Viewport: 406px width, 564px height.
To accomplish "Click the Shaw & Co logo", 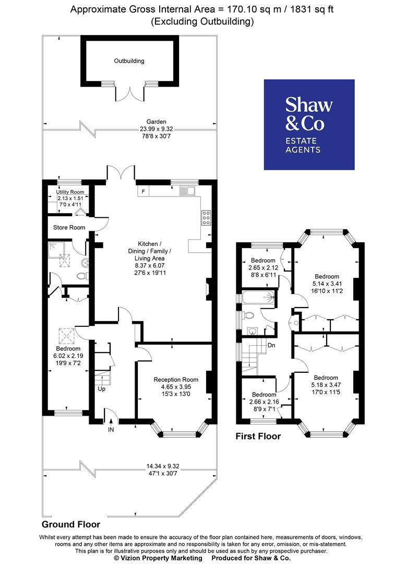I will pyautogui.click(x=309, y=124).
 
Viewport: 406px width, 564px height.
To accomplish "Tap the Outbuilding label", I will pyautogui.click(x=129, y=61).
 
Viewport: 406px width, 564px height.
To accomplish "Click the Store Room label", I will pyautogui.click(x=69, y=227).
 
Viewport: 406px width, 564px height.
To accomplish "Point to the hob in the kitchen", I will pyautogui.click(x=206, y=217).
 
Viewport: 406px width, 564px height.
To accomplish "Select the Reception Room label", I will pyautogui.click(x=176, y=380).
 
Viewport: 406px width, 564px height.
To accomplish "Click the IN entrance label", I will pyautogui.click(x=111, y=429).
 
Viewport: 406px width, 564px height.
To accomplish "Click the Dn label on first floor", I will pyautogui.click(x=271, y=345).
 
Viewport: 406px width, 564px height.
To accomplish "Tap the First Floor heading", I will pyautogui.click(x=258, y=436).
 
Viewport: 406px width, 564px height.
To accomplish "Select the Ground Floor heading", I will pyautogui.click(x=71, y=524).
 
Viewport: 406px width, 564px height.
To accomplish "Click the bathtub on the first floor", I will pyautogui.click(x=258, y=298).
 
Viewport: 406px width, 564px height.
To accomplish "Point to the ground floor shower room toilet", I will pyautogui.click(x=81, y=276).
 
